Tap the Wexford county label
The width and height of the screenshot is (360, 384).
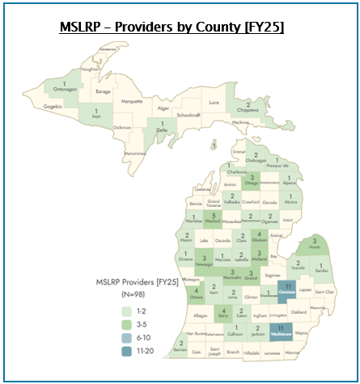213,220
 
